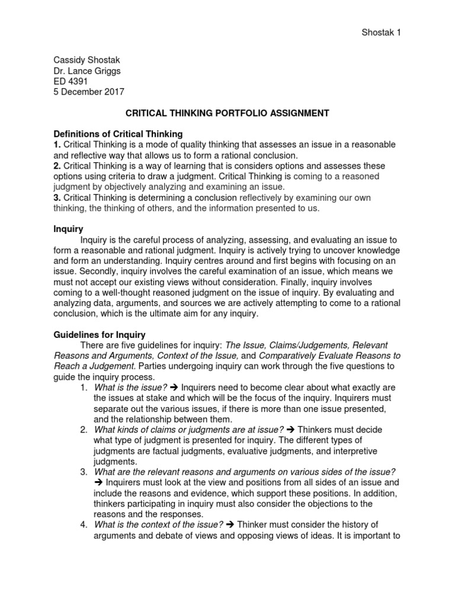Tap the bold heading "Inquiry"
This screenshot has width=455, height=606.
tap(68, 228)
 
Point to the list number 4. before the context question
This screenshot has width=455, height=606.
tap(84, 524)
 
